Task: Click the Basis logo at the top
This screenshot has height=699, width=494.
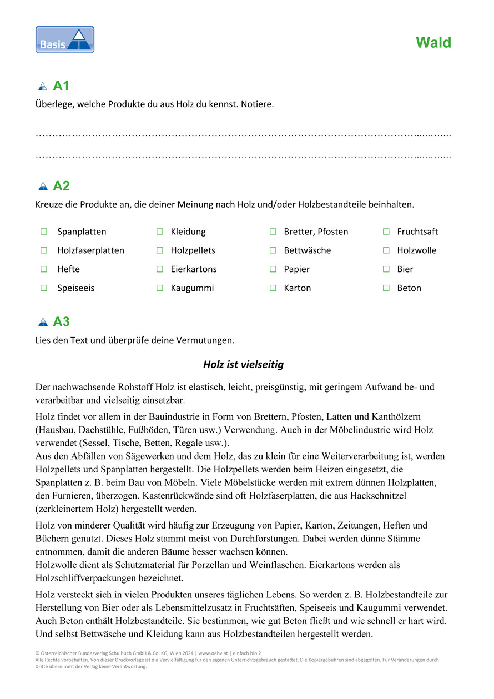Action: [65, 39]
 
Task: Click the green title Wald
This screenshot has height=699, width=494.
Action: [433, 43]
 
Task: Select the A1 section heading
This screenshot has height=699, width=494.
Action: [61, 86]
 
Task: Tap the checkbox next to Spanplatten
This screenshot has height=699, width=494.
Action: [44, 232]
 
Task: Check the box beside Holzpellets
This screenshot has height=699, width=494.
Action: [159, 250]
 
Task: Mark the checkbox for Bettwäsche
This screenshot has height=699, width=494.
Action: [273, 250]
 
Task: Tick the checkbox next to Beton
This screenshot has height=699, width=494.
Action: [386, 288]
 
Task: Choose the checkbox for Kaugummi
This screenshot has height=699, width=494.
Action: [159, 288]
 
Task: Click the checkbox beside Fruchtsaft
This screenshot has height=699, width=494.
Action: [386, 232]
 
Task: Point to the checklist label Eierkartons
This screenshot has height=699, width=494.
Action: [193, 269]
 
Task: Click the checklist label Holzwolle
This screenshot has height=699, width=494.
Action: [416, 250]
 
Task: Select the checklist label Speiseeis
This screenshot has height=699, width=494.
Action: [76, 288]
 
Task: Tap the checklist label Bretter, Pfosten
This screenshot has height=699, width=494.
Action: [316, 232]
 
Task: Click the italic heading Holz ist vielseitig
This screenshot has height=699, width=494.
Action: [243, 365]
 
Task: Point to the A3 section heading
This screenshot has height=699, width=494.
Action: [61, 321]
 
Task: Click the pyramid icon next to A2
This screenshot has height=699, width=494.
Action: [43, 187]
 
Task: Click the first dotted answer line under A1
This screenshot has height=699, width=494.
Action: [243, 135]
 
